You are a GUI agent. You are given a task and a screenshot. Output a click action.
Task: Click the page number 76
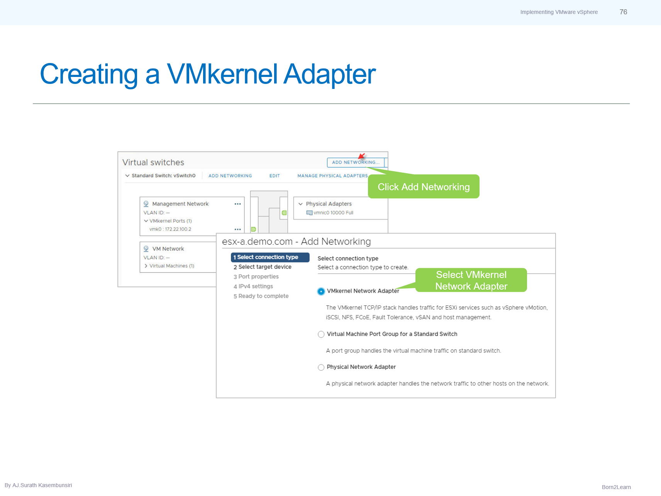pos(623,12)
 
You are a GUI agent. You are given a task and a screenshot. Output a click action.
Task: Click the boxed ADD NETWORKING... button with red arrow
pos(355,162)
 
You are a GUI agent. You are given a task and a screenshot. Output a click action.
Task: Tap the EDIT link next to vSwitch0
pos(275,176)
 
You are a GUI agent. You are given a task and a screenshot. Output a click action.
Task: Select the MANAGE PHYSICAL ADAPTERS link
pos(332,176)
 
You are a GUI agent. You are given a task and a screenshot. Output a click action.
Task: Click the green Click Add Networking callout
pos(424,187)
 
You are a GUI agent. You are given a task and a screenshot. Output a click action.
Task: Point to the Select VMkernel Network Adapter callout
pos(471,280)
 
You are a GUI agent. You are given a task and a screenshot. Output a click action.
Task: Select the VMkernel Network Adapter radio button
pos(321,291)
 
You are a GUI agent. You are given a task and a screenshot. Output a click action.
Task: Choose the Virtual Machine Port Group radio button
pos(321,334)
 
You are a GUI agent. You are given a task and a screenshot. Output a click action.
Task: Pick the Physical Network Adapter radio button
pos(321,367)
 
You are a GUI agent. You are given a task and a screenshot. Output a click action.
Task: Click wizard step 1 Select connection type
pos(270,257)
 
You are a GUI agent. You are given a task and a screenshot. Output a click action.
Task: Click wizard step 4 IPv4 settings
pos(253,286)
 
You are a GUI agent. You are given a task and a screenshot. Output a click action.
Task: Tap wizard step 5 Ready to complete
pos(261,296)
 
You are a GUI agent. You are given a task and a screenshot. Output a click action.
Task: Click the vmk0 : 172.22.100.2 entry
pos(170,229)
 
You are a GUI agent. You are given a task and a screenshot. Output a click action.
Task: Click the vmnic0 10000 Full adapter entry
pos(333,213)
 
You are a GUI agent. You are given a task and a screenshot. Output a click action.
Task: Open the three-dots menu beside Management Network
pos(237,204)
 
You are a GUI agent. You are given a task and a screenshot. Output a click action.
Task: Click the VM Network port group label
pos(168,249)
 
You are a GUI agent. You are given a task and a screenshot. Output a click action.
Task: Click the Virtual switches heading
pos(153,163)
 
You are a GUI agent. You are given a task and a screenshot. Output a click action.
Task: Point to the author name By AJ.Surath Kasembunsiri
pos(38,485)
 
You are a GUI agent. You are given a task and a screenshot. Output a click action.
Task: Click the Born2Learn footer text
pos(616,487)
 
